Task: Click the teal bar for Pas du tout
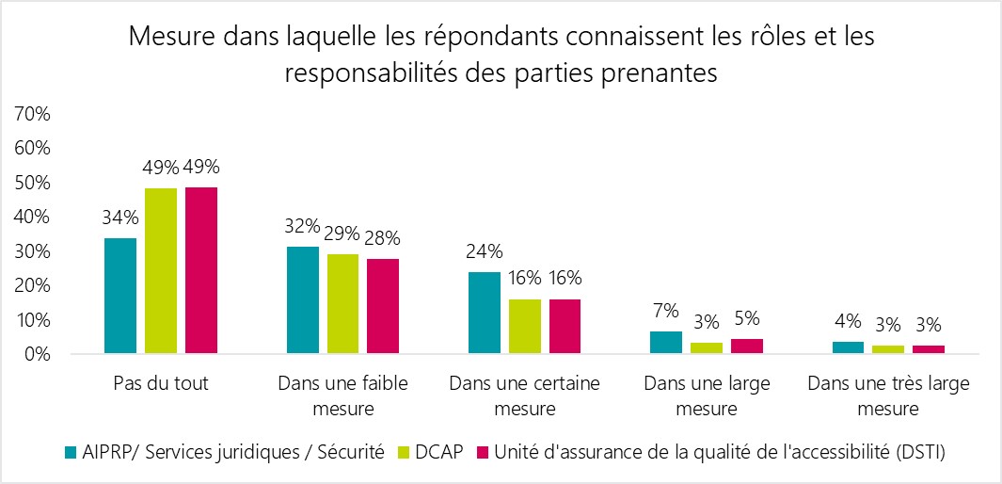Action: tap(120, 297)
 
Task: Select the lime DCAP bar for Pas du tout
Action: tap(161, 271)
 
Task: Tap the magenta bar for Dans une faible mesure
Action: tap(383, 307)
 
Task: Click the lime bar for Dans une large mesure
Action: tap(707, 348)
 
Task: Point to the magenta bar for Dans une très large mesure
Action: tap(929, 350)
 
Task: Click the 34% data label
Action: tap(121, 218)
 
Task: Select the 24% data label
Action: tap(485, 251)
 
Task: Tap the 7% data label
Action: tap(667, 311)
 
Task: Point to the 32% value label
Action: tap(302, 227)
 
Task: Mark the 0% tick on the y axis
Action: tap(36, 355)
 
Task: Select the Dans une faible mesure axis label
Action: tap(342, 396)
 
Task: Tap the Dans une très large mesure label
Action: tap(888, 396)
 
